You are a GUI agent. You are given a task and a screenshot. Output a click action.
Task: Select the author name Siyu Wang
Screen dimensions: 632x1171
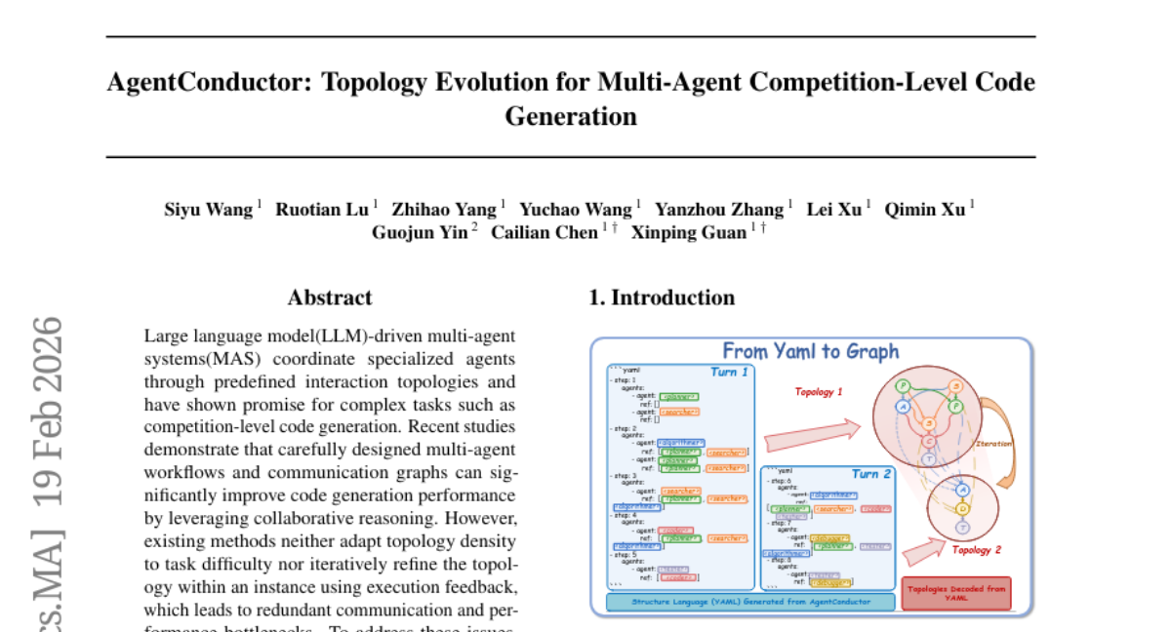[x=208, y=209]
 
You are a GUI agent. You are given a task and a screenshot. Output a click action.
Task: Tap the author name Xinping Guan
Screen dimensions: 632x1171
[x=688, y=232]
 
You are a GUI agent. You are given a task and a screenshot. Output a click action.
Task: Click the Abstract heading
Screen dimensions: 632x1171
[x=330, y=298]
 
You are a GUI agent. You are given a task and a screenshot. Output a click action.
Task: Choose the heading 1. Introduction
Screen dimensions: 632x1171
[x=662, y=298]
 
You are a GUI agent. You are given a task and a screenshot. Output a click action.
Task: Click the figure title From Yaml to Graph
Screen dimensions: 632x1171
[x=810, y=351]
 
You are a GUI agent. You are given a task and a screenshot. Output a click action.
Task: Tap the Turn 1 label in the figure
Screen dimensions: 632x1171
[x=729, y=372]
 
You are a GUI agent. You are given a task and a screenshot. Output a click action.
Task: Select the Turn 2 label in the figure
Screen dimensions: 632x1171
[x=870, y=474]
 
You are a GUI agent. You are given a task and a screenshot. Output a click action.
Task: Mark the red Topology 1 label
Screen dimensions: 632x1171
[x=818, y=392]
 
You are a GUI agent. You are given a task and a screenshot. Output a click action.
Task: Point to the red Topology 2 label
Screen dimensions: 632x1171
[x=977, y=550]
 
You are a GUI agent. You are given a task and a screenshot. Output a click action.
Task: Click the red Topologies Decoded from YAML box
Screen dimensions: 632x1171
[x=955, y=593]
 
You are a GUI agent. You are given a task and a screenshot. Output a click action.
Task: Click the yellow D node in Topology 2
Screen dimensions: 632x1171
[x=963, y=508]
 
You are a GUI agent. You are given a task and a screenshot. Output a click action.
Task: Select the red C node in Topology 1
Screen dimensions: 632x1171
[x=929, y=441]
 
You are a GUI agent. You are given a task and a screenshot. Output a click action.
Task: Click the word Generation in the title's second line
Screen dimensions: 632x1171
[x=570, y=117]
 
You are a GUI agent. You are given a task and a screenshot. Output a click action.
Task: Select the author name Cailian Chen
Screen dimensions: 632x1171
[x=544, y=232]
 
